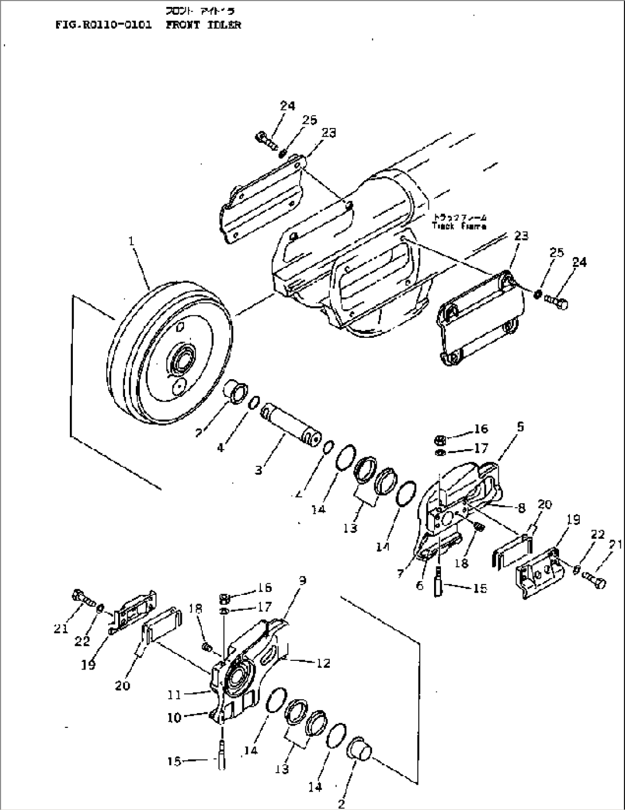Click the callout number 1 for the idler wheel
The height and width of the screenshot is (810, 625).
(132, 242)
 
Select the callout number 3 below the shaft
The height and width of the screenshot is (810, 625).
(259, 470)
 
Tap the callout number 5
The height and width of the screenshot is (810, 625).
(520, 427)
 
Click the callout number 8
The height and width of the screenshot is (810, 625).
(521, 507)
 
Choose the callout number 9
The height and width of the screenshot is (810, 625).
(302, 581)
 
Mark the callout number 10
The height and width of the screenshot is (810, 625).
(174, 717)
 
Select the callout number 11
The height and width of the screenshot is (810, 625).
(174, 695)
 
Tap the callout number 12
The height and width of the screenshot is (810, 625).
(323, 663)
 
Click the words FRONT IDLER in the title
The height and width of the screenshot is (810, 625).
(204, 25)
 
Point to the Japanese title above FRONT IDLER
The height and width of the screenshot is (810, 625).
(200, 11)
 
